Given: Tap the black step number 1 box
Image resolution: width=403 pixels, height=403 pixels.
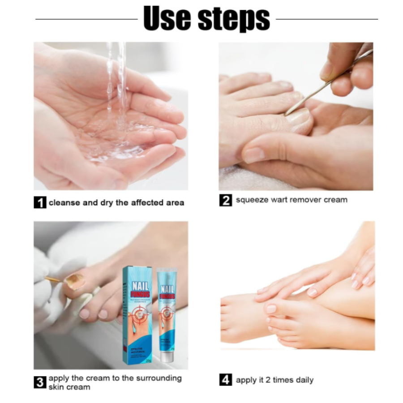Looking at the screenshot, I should [40, 203].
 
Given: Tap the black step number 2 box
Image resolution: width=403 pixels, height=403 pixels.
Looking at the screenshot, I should [225, 200].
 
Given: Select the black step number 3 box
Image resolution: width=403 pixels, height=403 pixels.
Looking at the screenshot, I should [40, 382].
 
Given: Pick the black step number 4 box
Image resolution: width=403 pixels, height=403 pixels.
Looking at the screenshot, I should [225, 380].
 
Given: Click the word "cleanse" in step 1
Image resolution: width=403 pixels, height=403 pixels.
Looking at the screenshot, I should [64, 203].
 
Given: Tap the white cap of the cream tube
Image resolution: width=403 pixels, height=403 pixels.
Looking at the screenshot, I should [168, 357].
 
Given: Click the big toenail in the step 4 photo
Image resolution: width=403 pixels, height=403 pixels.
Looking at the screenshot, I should [271, 309].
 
